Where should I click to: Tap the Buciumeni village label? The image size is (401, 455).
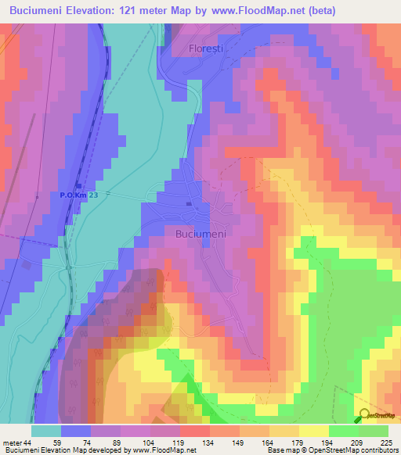click(200, 233)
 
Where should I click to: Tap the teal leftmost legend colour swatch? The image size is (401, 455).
click(46, 431)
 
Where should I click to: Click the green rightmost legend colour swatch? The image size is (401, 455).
click(374, 431)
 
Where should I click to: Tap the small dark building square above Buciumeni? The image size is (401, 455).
click(188, 205)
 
